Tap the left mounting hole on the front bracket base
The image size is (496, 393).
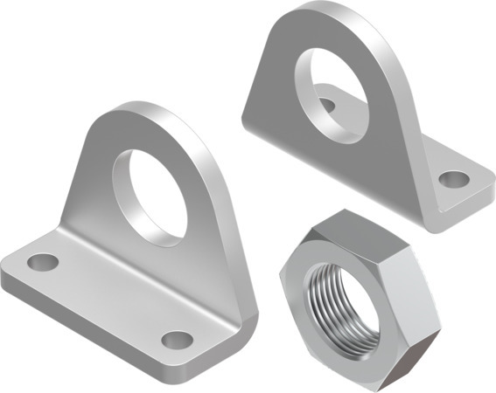42,261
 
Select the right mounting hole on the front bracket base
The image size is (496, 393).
178,339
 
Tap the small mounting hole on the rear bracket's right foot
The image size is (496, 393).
453,180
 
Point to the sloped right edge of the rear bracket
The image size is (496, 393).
398,96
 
